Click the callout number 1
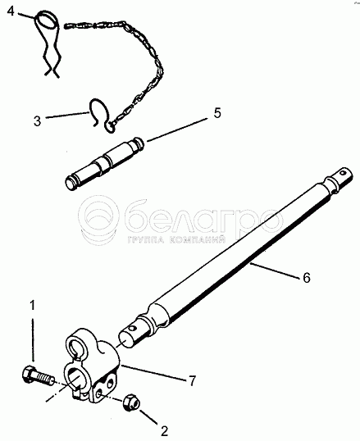[34, 306]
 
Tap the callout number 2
[164, 431]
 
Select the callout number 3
[37, 121]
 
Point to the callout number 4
[11, 11]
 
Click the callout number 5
[217, 113]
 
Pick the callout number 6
[307, 278]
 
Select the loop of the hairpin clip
[47, 20]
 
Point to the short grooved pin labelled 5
[105, 164]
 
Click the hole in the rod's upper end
[343, 173]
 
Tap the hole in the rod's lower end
[132, 329]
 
